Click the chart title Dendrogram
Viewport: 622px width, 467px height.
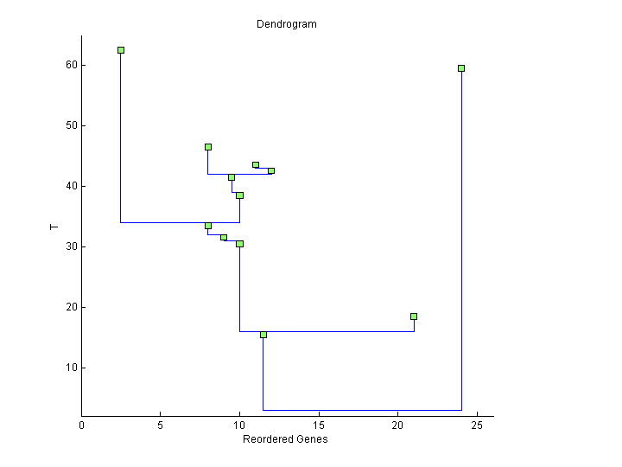pyautogui.click(x=286, y=24)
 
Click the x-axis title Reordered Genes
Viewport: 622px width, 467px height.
pyautogui.click(x=285, y=439)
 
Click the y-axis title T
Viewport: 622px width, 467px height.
pyautogui.click(x=54, y=227)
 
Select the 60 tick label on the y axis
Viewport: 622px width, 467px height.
pyautogui.click(x=71, y=65)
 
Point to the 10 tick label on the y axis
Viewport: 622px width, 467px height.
pyautogui.click(x=71, y=368)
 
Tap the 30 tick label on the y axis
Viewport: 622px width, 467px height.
pyautogui.click(x=71, y=246)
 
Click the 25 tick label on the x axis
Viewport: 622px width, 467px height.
pyautogui.click(x=477, y=425)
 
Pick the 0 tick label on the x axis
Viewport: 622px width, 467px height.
pyautogui.click(x=82, y=425)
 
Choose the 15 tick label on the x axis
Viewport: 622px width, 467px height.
pyautogui.click(x=319, y=425)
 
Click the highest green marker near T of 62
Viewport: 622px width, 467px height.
pyautogui.click(x=121, y=50)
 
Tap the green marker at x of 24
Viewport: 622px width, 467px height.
pyautogui.click(x=461, y=68)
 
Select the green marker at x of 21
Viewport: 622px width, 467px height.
pyautogui.click(x=414, y=317)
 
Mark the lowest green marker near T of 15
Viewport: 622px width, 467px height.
pyautogui.click(x=263, y=335)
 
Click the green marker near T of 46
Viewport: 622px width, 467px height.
pyautogui.click(x=208, y=147)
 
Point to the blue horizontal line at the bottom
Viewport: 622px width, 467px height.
pyautogui.click(x=362, y=410)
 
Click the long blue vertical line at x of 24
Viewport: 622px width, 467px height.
pyautogui.click(x=461, y=242)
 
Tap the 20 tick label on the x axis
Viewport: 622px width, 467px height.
pyautogui.click(x=397, y=425)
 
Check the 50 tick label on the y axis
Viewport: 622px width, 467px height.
pyautogui.click(x=71, y=125)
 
